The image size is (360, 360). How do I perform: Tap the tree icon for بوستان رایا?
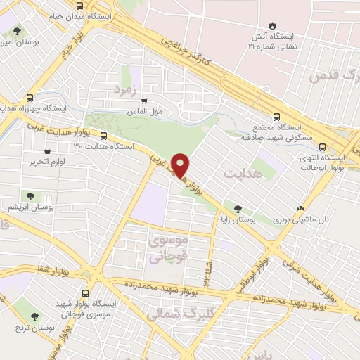[x=238, y=209]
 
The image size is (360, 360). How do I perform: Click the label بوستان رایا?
[x=238, y=220]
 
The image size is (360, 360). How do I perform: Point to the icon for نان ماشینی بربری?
[x=300, y=208]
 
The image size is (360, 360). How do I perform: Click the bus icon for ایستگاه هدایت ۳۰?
[x=103, y=136]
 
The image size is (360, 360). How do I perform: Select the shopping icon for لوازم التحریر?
[x=47, y=150]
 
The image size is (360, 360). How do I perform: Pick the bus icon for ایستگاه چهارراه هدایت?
[x=30, y=98]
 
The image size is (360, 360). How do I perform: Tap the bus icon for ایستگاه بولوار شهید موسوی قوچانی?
[x=86, y=292]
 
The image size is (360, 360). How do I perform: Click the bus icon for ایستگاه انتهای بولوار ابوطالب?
[x=322, y=148]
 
